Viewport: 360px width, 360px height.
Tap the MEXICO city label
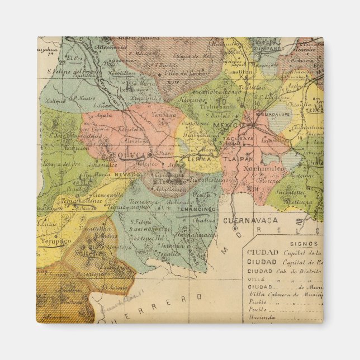pos(229,124)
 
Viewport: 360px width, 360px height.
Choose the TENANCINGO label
pos(196,209)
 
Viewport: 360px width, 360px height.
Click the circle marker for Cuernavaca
pos(235,228)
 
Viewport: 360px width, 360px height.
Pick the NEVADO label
pos(127,174)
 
